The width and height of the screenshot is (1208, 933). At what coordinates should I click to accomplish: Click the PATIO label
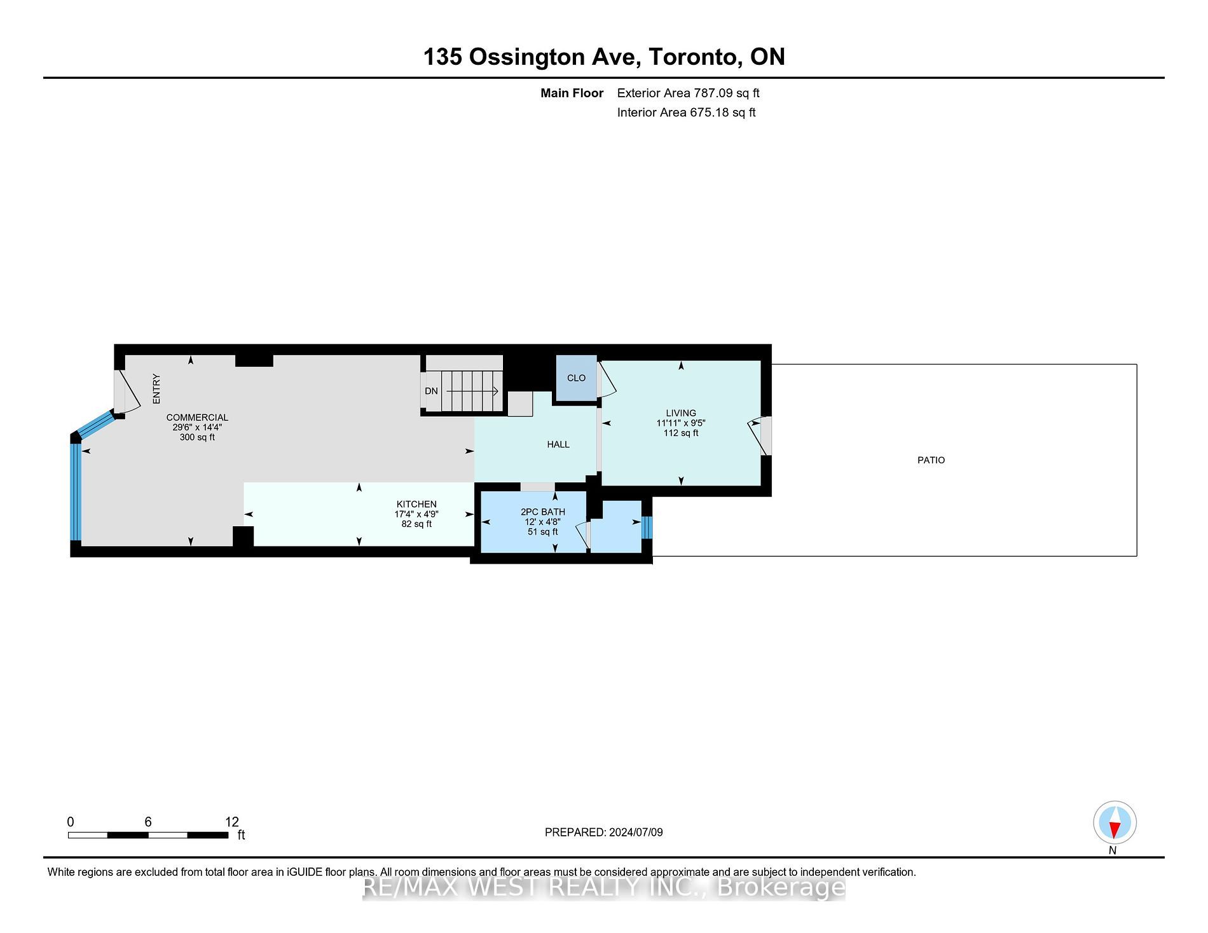point(931,460)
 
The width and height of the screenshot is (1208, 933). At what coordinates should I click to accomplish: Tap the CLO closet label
point(576,378)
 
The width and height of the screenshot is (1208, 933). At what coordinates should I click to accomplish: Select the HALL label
point(558,444)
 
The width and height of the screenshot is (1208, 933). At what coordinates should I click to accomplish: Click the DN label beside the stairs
point(431,391)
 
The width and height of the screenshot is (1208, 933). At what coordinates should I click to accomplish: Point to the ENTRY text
point(156,388)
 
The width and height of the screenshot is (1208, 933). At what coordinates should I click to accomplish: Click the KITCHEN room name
point(416,504)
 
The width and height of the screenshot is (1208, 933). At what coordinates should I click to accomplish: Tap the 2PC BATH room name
point(543,512)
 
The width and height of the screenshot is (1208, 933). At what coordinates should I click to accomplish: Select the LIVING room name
point(681,413)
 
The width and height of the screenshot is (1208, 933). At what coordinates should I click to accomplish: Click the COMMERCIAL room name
point(197,418)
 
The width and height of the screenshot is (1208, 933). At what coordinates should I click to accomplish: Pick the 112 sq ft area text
point(681,433)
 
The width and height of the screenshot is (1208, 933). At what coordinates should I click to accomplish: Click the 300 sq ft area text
point(197,437)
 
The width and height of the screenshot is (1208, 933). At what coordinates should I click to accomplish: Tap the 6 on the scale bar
point(148,822)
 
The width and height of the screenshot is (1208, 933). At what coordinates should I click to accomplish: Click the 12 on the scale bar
point(232,822)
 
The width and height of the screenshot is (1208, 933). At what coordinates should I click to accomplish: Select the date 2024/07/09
point(636,832)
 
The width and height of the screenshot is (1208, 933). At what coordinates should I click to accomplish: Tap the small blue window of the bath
point(647,527)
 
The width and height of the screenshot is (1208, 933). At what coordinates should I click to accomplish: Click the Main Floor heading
point(572,93)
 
